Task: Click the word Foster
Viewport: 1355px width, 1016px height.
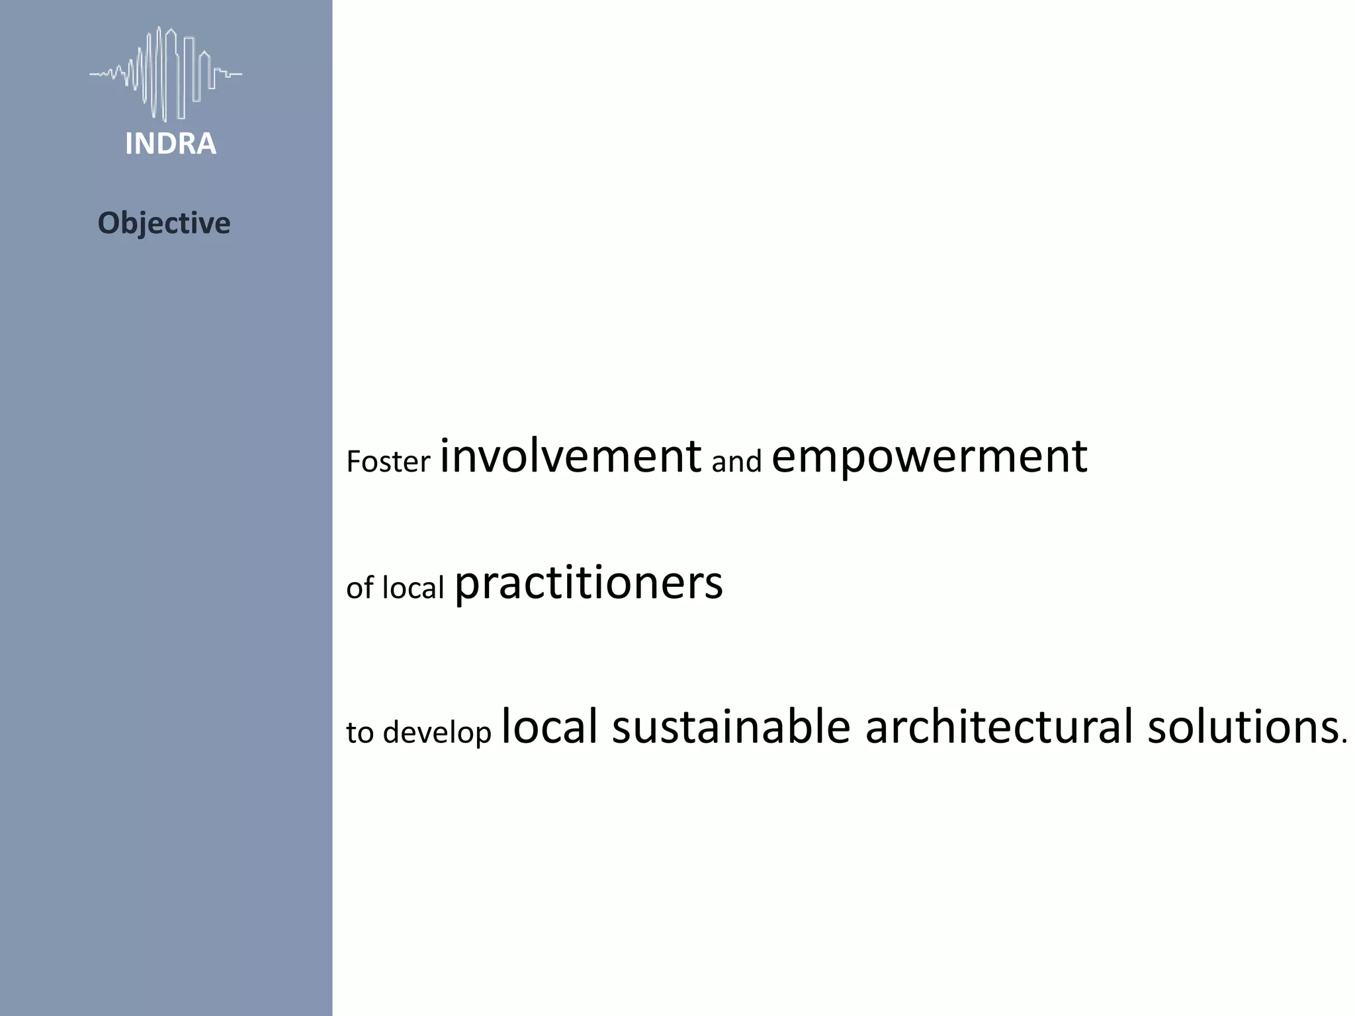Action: pos(388,462)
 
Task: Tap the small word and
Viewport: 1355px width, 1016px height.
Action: pos(736,462)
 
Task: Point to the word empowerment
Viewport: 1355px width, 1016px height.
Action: pos(929,458)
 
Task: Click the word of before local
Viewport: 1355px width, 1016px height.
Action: pos(360,587)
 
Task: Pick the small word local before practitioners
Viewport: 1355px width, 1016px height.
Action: pos(414,587)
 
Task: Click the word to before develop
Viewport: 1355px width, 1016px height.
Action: pos(360,733)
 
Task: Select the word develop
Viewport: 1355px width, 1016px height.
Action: pos(437,733)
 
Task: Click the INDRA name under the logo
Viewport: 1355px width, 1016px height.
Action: pos(171,144)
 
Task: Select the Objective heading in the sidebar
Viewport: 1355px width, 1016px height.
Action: pos(164,223)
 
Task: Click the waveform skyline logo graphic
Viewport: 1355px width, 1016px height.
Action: pos(166,73)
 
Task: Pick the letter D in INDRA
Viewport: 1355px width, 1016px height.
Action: pos(166,144)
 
